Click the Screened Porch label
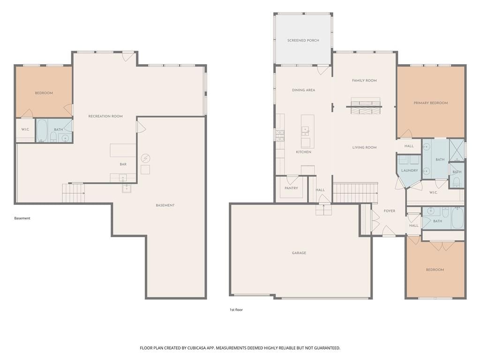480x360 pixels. [x=303, y=40]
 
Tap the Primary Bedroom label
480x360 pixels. [x=431, y=103]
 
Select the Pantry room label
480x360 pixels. [x=291, y=188]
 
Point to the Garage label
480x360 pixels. [x=299, y=253]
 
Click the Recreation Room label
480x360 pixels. [x=105, y=116]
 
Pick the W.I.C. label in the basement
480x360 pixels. [x=25, y=129]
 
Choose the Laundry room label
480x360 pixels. [x=410, y=171]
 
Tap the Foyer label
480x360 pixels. [x=390, y=211]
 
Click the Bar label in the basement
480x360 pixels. [x=123, y=165]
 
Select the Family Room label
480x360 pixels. [x=364, y=81]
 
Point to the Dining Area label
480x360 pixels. [x=303, y=90]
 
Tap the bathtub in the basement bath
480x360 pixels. [x=42, y=130]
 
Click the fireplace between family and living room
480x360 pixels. [x=364, y=106]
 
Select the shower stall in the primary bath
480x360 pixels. [x=457, y=150]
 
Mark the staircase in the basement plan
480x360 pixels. [x=74, y=193]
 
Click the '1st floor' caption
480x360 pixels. [x=236, y=310]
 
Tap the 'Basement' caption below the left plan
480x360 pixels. [x=22, y=218]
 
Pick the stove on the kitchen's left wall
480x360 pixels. [x=280, y=135]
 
